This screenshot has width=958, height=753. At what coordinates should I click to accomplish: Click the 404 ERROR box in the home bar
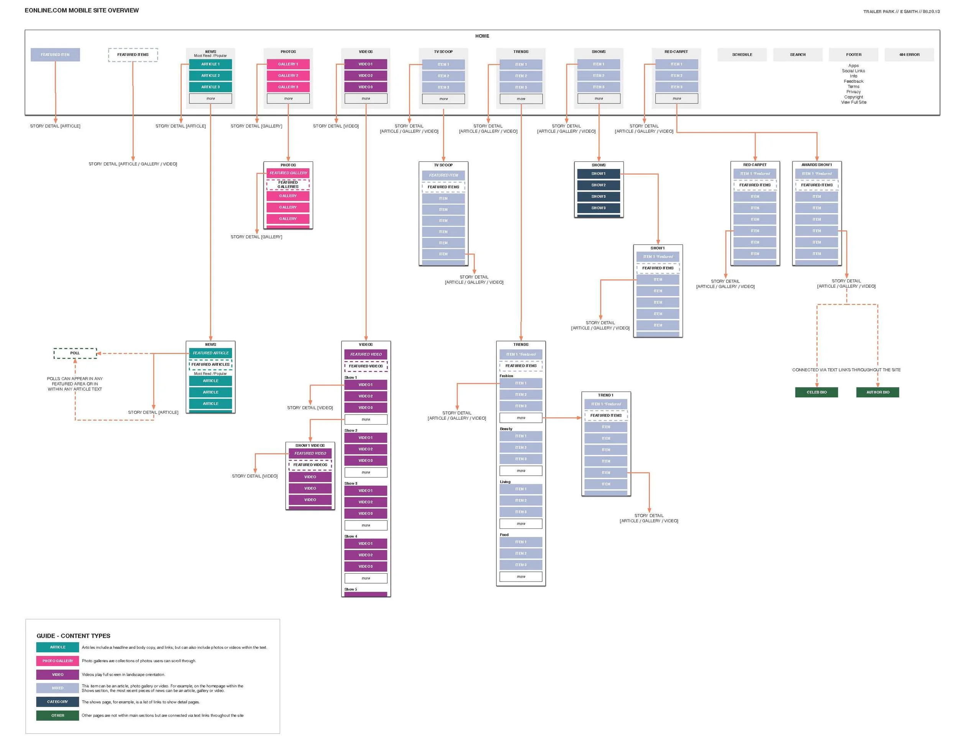(909, 55)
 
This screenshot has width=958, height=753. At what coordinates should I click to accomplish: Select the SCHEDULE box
(741, 55)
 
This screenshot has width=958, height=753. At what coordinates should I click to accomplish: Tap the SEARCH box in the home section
(797, 55)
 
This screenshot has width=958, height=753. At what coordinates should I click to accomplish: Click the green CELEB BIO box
(816, 392)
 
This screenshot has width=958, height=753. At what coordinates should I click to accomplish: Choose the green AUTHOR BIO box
(877, 392)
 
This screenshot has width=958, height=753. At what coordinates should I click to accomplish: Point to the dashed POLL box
(75, 353)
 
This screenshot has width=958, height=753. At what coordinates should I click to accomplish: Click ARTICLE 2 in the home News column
(210, 75)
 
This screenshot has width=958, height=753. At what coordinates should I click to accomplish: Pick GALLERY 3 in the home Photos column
(288, 87)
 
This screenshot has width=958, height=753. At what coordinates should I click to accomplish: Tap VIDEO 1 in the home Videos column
(366, 64)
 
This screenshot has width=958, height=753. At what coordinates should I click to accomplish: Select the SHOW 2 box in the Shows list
(598, 185)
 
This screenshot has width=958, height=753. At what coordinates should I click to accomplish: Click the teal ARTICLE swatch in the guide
(57, 647)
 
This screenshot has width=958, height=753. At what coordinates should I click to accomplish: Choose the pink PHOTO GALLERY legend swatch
(57, 661)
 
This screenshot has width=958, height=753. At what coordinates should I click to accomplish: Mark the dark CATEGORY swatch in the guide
(57, 701)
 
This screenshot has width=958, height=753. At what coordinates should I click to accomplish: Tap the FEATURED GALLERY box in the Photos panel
(288, 173)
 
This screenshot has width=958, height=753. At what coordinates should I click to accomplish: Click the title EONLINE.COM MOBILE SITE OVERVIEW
(82, 10)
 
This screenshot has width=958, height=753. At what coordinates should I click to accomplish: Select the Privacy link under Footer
(853, 92)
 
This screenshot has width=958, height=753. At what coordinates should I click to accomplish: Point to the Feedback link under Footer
(853, 81)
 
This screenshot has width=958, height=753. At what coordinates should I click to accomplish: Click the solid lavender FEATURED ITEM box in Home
(55, 55)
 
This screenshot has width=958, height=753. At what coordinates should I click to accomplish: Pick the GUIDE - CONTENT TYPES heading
(73, 636)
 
